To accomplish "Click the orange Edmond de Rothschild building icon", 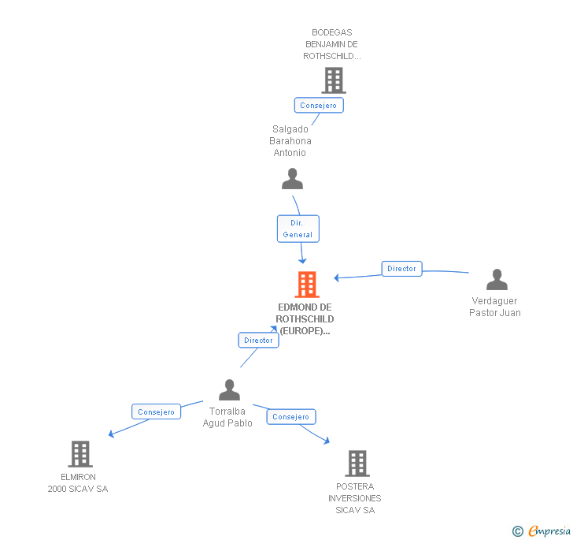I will point(307,284).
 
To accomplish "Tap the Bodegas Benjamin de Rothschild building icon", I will point(334,80).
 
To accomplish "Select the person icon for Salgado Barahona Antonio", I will point(292,179).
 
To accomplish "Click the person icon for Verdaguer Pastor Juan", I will point(497,280).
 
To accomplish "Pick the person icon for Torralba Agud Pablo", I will point(229,389).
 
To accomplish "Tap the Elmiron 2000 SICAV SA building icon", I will point(80,454).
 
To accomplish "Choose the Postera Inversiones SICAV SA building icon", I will point(357,464).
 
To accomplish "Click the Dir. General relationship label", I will point(298,229).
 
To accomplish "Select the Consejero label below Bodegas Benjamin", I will point(318,105).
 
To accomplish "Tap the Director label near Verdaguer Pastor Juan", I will point(401,269).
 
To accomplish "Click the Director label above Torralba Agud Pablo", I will point(258,340).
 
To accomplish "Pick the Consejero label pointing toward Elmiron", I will point(156,412).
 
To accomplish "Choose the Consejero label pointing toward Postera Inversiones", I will point(290,417).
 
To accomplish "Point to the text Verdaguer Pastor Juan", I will point(495,307).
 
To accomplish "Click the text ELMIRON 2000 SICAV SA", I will point(78,483).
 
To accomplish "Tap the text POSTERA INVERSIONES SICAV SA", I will point(355,498).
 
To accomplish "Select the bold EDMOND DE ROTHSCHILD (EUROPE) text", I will point(305,319).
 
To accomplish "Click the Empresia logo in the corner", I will point(549,531).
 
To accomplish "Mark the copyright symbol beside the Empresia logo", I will point(517,531).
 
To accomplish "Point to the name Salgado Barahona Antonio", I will point(290,141).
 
